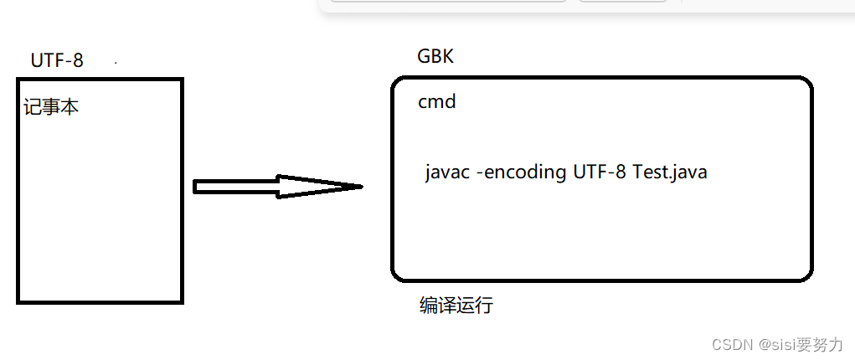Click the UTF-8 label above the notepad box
pos(57,60)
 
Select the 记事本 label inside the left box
pos(51,107)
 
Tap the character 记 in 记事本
pos(33,107)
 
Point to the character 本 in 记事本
pos(70,107)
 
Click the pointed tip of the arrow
pos(360,187)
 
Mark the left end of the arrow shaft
pos(196,187)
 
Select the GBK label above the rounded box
pos(435,57)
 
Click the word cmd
pos(437,102)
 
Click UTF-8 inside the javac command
pos(600,173)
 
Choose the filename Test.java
pos(670,173)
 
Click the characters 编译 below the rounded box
pos(437,306)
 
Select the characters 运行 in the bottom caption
pos(475,306)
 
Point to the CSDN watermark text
pos(730,344)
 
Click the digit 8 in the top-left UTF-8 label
pos(78,60)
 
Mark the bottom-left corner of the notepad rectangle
pos(18,301)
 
